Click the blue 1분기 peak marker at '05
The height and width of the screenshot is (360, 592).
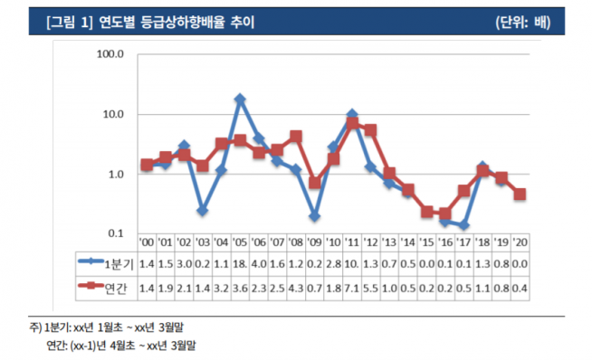click(240, 99)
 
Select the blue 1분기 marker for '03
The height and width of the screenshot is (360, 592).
click(202, 210)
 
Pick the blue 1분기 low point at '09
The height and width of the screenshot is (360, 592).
click(314, 216)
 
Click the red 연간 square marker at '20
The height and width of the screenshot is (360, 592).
click(520, 194)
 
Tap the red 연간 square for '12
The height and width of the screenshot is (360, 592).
click(370, 130)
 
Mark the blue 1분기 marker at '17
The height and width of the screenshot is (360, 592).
click(463, 225)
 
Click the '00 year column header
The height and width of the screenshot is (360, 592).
click(145, 242)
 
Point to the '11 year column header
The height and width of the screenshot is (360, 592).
click(351, 242)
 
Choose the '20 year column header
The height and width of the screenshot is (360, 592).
click(520, 242)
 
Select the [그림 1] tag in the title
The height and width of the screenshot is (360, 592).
click(67, 22)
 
